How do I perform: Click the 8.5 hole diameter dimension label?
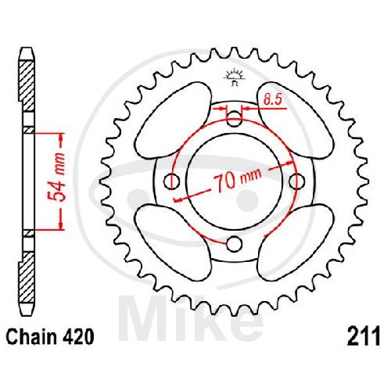(272, 99)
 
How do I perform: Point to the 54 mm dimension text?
(58, 178)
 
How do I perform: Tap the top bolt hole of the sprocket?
(234, 118)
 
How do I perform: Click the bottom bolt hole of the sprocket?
(234, 244)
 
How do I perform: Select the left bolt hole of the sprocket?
(171, 181)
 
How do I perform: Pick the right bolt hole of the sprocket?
(297, 181)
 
